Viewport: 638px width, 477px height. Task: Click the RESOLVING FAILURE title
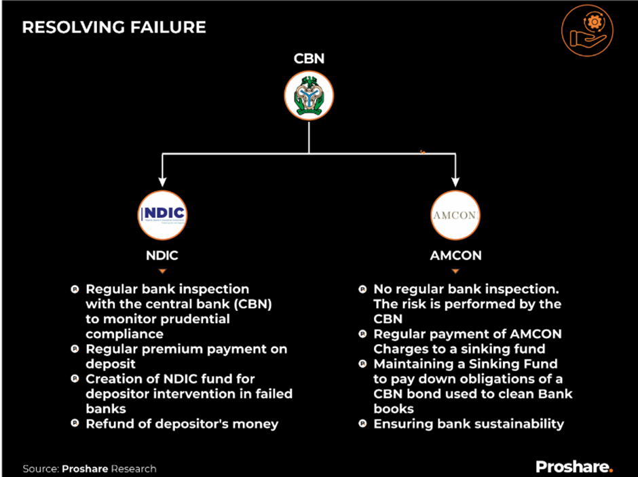point(114,28)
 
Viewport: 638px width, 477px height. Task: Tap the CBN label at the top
point(309,58)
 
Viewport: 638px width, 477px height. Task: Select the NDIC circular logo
point(162,215)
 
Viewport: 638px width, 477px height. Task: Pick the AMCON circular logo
point(456,216)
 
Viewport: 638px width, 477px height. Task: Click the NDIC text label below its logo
point(162,256)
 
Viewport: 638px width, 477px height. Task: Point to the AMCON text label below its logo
point(456,256)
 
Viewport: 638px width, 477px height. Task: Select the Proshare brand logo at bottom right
point(574,467)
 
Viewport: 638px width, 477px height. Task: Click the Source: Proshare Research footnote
point(90,469)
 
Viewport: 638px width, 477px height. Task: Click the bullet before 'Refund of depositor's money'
point(75,424)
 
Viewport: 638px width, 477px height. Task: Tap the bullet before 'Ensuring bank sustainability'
point(362,424)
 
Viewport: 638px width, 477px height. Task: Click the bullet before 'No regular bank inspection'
point(362,290)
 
